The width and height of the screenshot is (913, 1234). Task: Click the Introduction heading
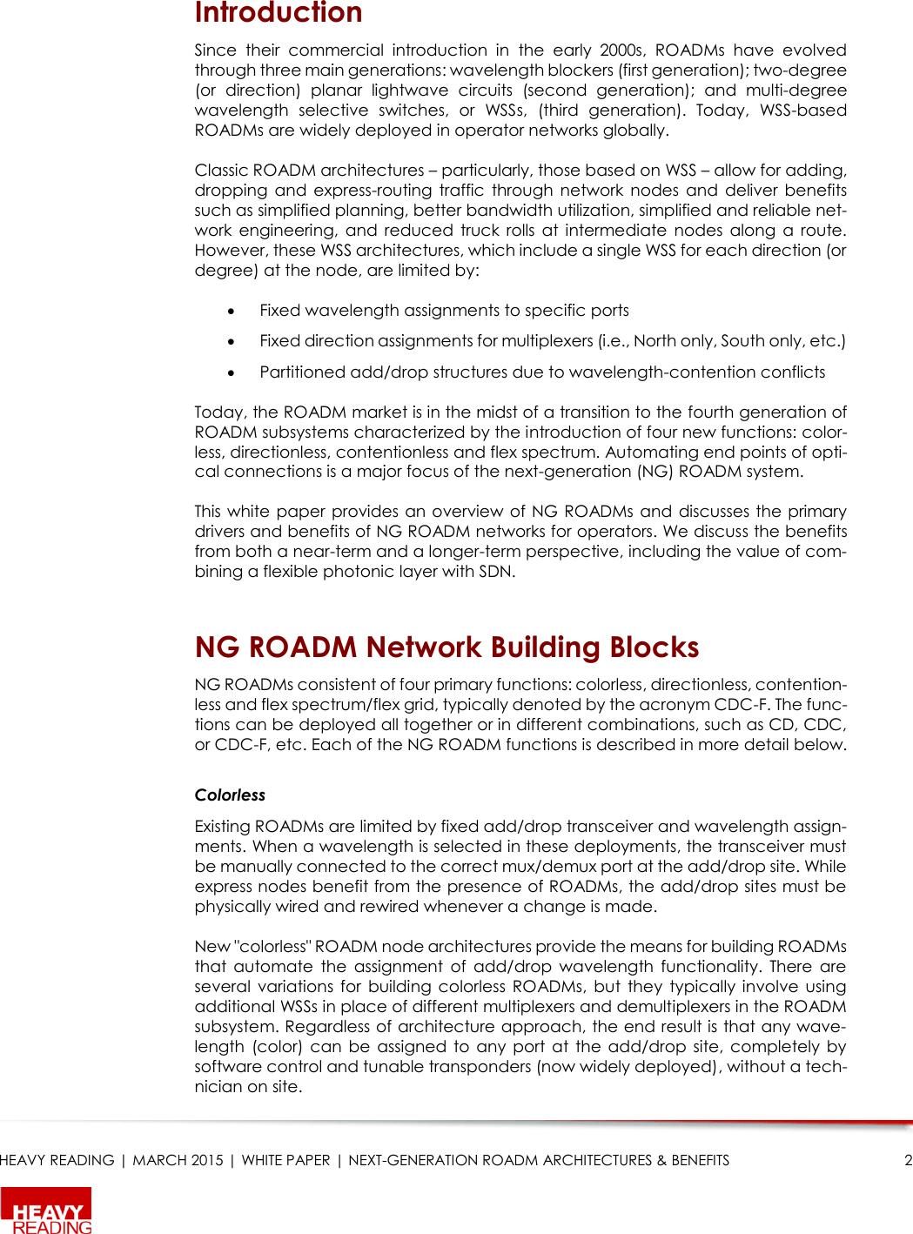(x=279, y=13)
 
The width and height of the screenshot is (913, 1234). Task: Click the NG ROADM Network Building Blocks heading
(x=446, y=647)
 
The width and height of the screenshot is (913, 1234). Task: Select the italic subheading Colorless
(x=230, y=795)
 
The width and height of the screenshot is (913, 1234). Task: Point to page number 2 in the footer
(x=908, y=1160)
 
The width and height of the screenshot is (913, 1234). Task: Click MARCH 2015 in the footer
(x=178, y=1160)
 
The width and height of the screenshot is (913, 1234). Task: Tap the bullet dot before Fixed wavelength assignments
(x=232, y=311)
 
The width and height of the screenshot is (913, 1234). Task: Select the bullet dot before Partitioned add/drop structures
(x=232, y=372)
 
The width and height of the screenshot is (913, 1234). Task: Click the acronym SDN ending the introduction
(x=495, y=572)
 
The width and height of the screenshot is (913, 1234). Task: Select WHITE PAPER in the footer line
(x=285, y=1160)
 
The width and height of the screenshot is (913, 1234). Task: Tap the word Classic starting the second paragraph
(x=221, y=171)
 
